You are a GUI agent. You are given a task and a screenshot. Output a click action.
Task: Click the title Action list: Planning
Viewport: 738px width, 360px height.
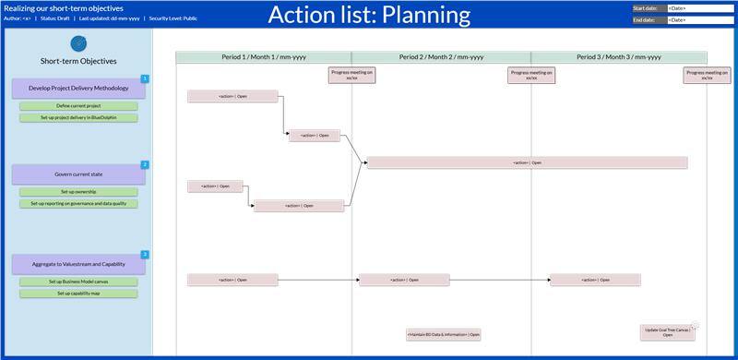pos(369,15)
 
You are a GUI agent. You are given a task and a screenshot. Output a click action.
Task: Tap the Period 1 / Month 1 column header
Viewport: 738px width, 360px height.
pos(263,57)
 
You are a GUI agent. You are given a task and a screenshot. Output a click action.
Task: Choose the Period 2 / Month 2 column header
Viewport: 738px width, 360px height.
pos(441,57)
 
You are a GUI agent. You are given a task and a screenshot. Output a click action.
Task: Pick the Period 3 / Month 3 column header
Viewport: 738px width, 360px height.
pos(618,57)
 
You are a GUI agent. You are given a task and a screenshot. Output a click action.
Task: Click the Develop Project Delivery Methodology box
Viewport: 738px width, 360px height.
pos(78,89)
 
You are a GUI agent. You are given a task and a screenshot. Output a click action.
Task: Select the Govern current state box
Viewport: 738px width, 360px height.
pos(78,174)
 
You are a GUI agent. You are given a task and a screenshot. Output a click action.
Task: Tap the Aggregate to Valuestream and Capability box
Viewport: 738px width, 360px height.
pos(78,264)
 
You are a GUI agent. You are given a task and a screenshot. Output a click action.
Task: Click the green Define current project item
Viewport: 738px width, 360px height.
pos(78,106)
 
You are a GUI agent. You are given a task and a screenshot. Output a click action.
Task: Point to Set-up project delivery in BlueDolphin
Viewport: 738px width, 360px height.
pos(78,117)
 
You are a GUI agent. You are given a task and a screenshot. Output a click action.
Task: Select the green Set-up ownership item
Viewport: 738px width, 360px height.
pos(78,192)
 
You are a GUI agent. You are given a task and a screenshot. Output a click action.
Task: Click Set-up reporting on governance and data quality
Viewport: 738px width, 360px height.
pos(78,203)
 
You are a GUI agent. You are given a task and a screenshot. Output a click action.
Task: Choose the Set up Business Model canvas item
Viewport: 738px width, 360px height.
pos(78,282)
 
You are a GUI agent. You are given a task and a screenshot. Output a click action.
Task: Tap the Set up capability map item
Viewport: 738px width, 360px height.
pos(78,294)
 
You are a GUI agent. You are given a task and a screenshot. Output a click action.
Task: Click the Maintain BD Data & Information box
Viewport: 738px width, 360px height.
pos(443,334)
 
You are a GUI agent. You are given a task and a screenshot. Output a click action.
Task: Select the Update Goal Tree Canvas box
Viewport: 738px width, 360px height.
pos(667,331)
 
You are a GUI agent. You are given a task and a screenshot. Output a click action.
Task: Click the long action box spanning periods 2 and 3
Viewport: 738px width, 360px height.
pos(527,162)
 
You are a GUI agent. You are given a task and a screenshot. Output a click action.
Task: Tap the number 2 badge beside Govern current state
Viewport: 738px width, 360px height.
pos(145,164)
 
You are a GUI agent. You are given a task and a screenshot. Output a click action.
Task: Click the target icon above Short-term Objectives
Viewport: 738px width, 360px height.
pos(78,42)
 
